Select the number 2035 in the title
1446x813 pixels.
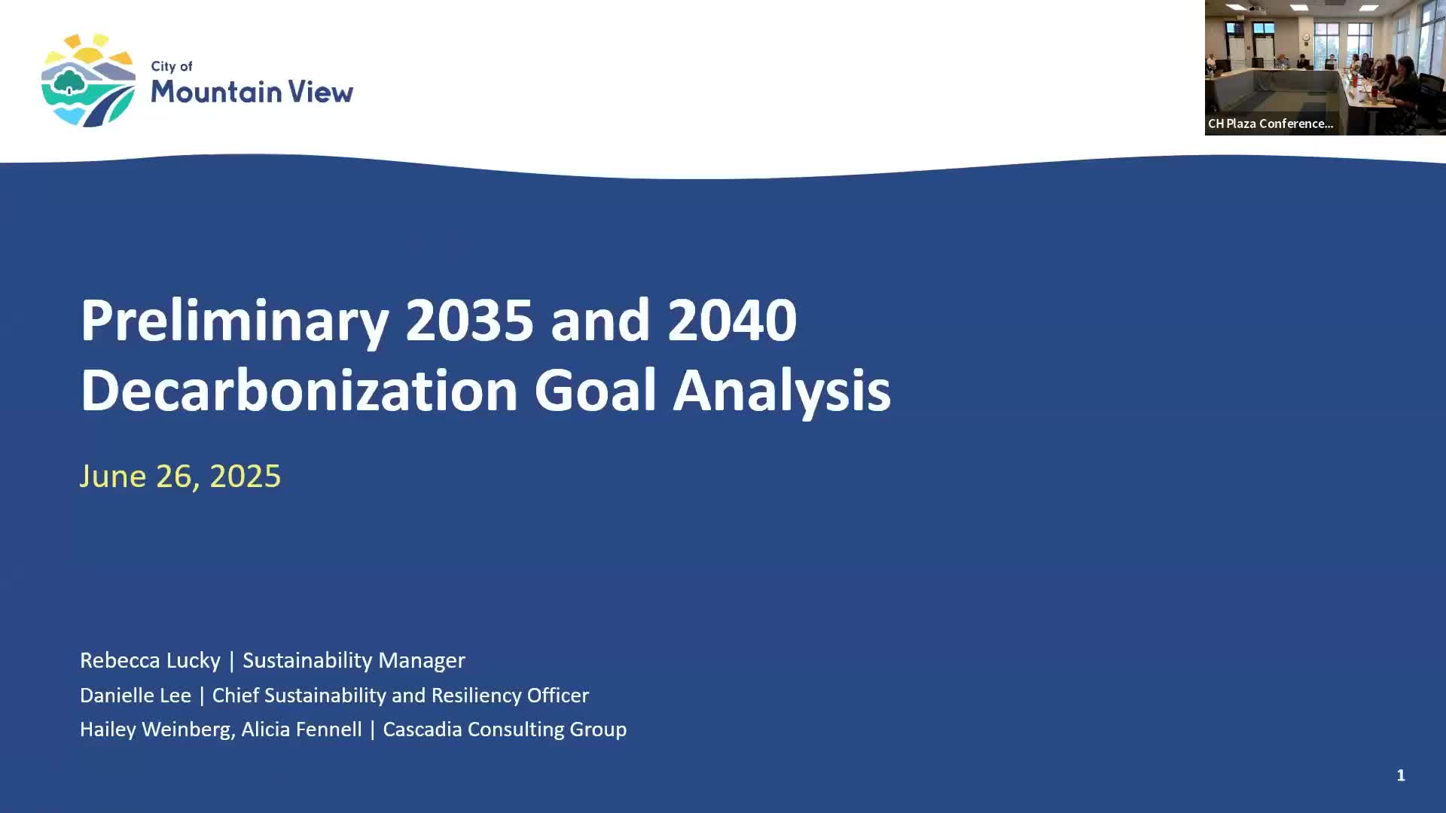[469, 320]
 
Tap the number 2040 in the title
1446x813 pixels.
[731, 320]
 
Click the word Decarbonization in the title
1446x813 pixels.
[299, 390]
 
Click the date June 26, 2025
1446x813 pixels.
[180, 476]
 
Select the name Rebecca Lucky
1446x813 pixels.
[150, 660]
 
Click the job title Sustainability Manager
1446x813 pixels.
[354, 660]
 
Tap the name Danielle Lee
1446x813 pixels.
[136, 695]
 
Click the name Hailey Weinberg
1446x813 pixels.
[157, 729]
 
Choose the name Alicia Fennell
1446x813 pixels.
[301, 729]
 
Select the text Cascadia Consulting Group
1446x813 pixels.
[505, 729]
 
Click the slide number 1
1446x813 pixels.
[1401, 775]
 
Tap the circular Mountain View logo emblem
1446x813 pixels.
[88, 80]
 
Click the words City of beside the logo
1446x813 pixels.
[172, 66]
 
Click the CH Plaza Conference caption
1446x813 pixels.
[1271, 123]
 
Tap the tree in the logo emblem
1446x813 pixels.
[70, 81]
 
